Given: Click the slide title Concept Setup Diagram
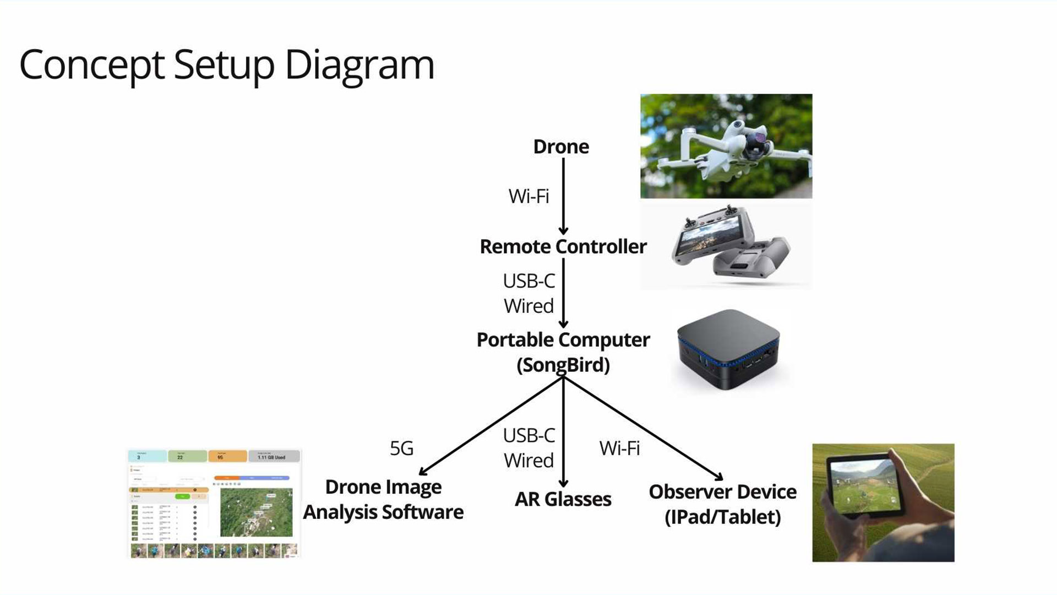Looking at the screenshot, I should [227, 65].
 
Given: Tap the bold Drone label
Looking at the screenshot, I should [561, 147].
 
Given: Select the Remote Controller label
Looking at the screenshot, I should [563, 246].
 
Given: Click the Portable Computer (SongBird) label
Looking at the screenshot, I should [563, 352].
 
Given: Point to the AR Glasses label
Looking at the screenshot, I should [563, 499].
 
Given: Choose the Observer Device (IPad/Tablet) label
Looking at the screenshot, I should [722, 504].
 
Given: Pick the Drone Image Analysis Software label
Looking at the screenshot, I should [383, 500].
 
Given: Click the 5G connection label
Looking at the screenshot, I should [401, 448].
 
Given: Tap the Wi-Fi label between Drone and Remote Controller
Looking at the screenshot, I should [528, 196].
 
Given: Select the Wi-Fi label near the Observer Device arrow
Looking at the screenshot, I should [619, 448].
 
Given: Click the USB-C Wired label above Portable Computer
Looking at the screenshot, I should [528, 294].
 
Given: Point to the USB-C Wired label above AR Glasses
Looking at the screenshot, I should [528, 448].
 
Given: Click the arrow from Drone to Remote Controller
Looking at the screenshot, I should [563, 196].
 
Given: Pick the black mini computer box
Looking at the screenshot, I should [728, 349].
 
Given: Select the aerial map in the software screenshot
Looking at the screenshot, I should [256, 512].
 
